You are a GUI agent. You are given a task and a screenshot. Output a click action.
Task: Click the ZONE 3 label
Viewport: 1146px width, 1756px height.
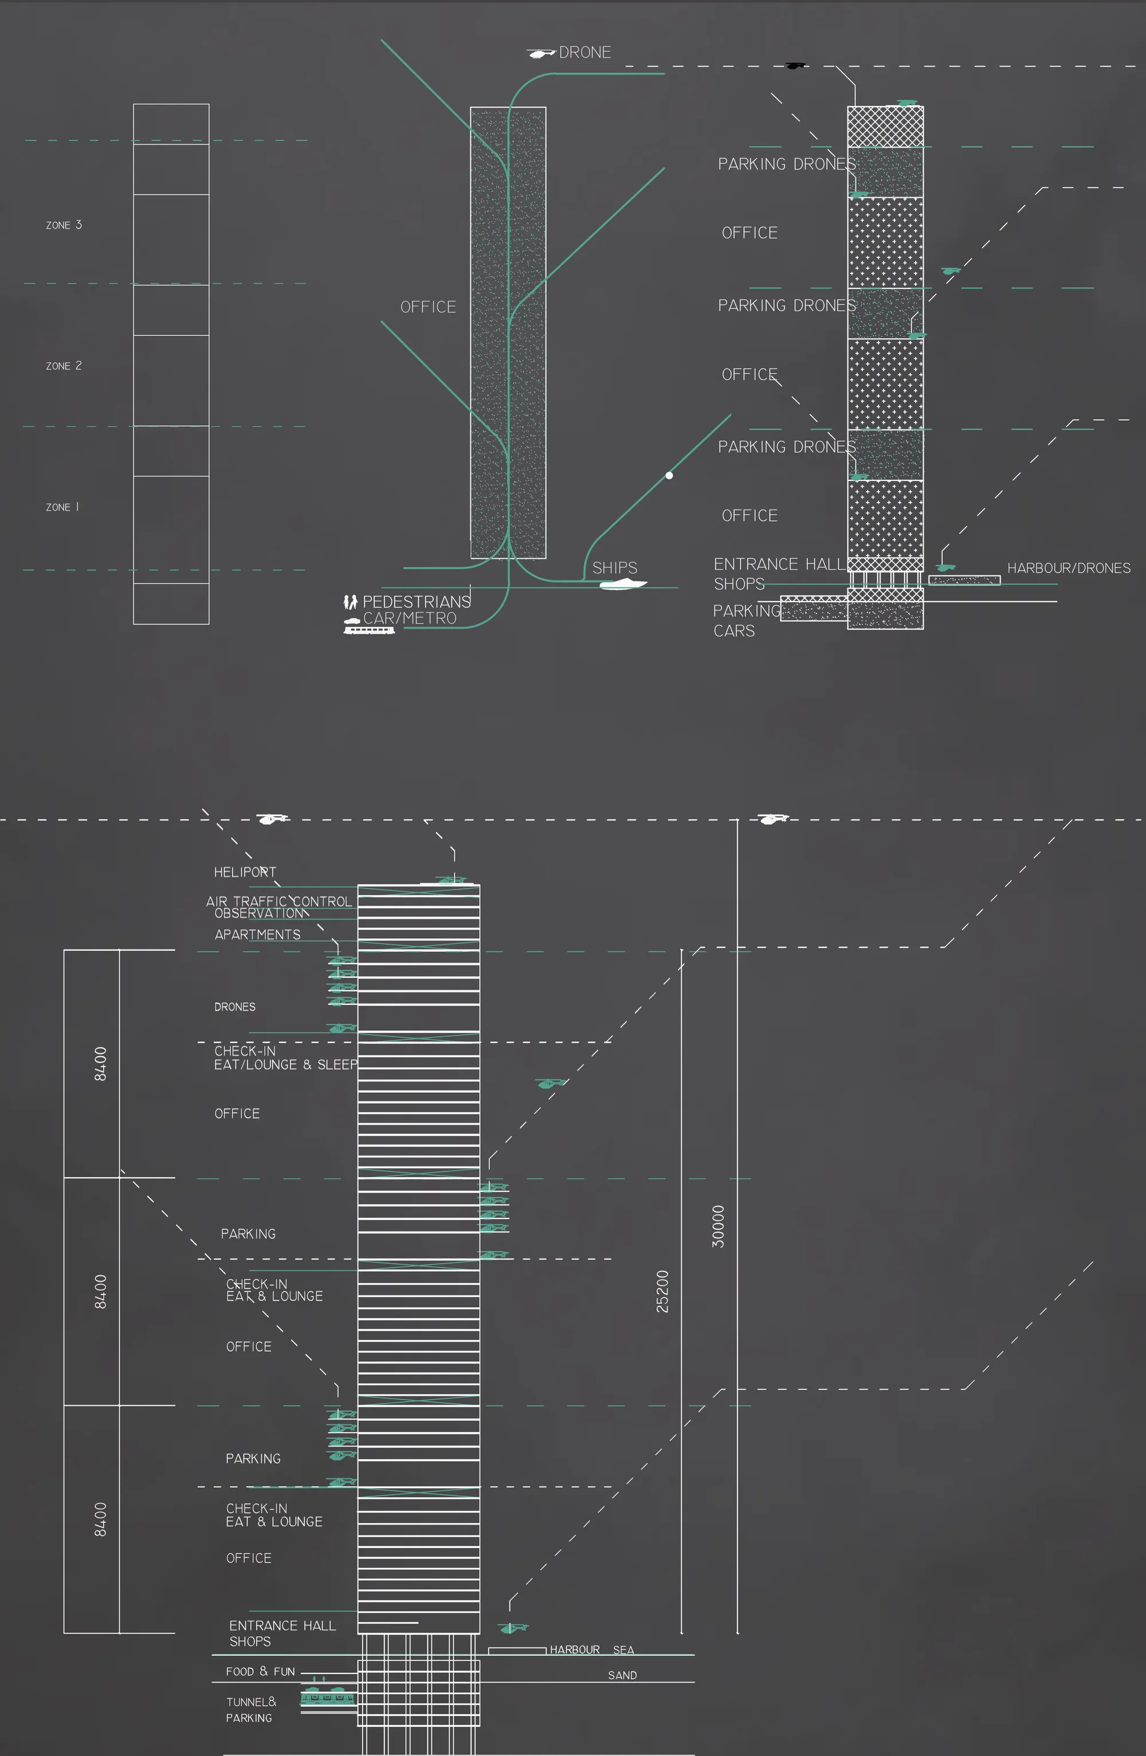(64, 225)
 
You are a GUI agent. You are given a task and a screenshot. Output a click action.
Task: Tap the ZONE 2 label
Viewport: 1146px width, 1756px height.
(64, 366)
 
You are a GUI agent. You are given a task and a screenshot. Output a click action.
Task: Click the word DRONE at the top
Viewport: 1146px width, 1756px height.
(585, 52)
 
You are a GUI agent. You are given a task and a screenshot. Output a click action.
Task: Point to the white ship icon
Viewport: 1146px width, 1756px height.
(623, 585)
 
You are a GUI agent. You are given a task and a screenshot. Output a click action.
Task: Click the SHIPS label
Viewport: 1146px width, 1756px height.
(615, 567)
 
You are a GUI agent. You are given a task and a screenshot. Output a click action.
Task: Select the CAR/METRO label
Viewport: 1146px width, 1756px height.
(410, 618)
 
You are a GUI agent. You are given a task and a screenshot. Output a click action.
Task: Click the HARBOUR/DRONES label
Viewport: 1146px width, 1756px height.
(1069, 567)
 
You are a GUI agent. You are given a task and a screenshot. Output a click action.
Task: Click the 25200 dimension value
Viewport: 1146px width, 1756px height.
(662, 1291)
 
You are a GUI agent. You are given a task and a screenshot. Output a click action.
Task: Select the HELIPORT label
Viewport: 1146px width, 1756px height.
(245, 872)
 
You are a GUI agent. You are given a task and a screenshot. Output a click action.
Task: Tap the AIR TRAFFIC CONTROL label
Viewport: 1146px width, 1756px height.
(278, 901)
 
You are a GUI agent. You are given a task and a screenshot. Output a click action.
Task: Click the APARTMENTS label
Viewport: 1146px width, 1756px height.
(257, 934)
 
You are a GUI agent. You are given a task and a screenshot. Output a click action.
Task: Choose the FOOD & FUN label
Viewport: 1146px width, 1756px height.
(260, 1671)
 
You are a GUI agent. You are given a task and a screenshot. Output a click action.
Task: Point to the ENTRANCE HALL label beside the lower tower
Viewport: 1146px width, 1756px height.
(282, 1625)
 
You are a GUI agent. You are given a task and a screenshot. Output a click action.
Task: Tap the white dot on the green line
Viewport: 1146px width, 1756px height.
(669, 475)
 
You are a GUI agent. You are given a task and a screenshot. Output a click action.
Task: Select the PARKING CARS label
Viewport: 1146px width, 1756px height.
(746, 621)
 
